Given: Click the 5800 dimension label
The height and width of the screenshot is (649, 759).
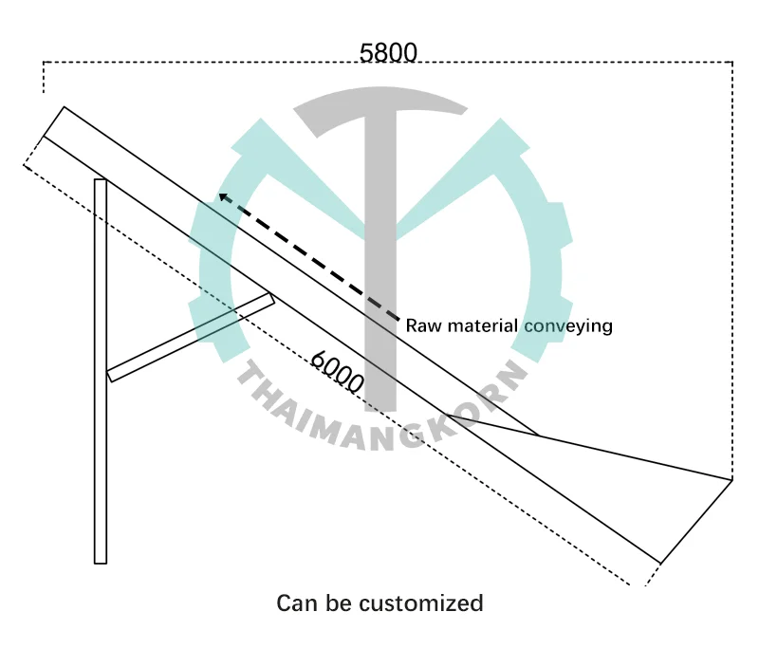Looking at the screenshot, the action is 389,53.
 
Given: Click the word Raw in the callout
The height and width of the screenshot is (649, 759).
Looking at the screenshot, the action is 421,325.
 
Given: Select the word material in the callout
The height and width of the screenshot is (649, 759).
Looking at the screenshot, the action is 478,325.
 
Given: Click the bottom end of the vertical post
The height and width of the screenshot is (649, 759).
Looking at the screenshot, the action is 100,560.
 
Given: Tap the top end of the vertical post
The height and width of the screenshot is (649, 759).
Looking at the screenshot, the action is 100,182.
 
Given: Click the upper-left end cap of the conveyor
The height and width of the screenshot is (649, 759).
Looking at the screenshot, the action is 53,122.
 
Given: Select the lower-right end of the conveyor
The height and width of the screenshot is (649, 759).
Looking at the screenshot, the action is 659,561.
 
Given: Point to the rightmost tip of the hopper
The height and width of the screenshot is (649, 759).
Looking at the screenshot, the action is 731,480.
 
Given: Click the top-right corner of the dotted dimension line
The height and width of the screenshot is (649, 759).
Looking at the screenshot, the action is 731,63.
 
